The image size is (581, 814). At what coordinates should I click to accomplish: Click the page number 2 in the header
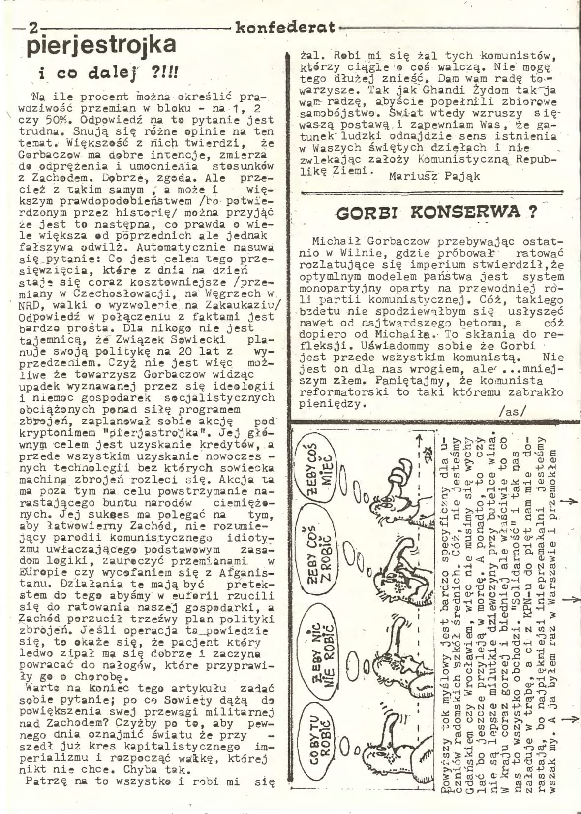[33, 28]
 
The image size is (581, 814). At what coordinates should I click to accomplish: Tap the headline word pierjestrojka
[101, 46]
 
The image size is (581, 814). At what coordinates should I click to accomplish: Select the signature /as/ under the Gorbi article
[512, 411]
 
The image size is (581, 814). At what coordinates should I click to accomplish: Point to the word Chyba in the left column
[143, 769]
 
